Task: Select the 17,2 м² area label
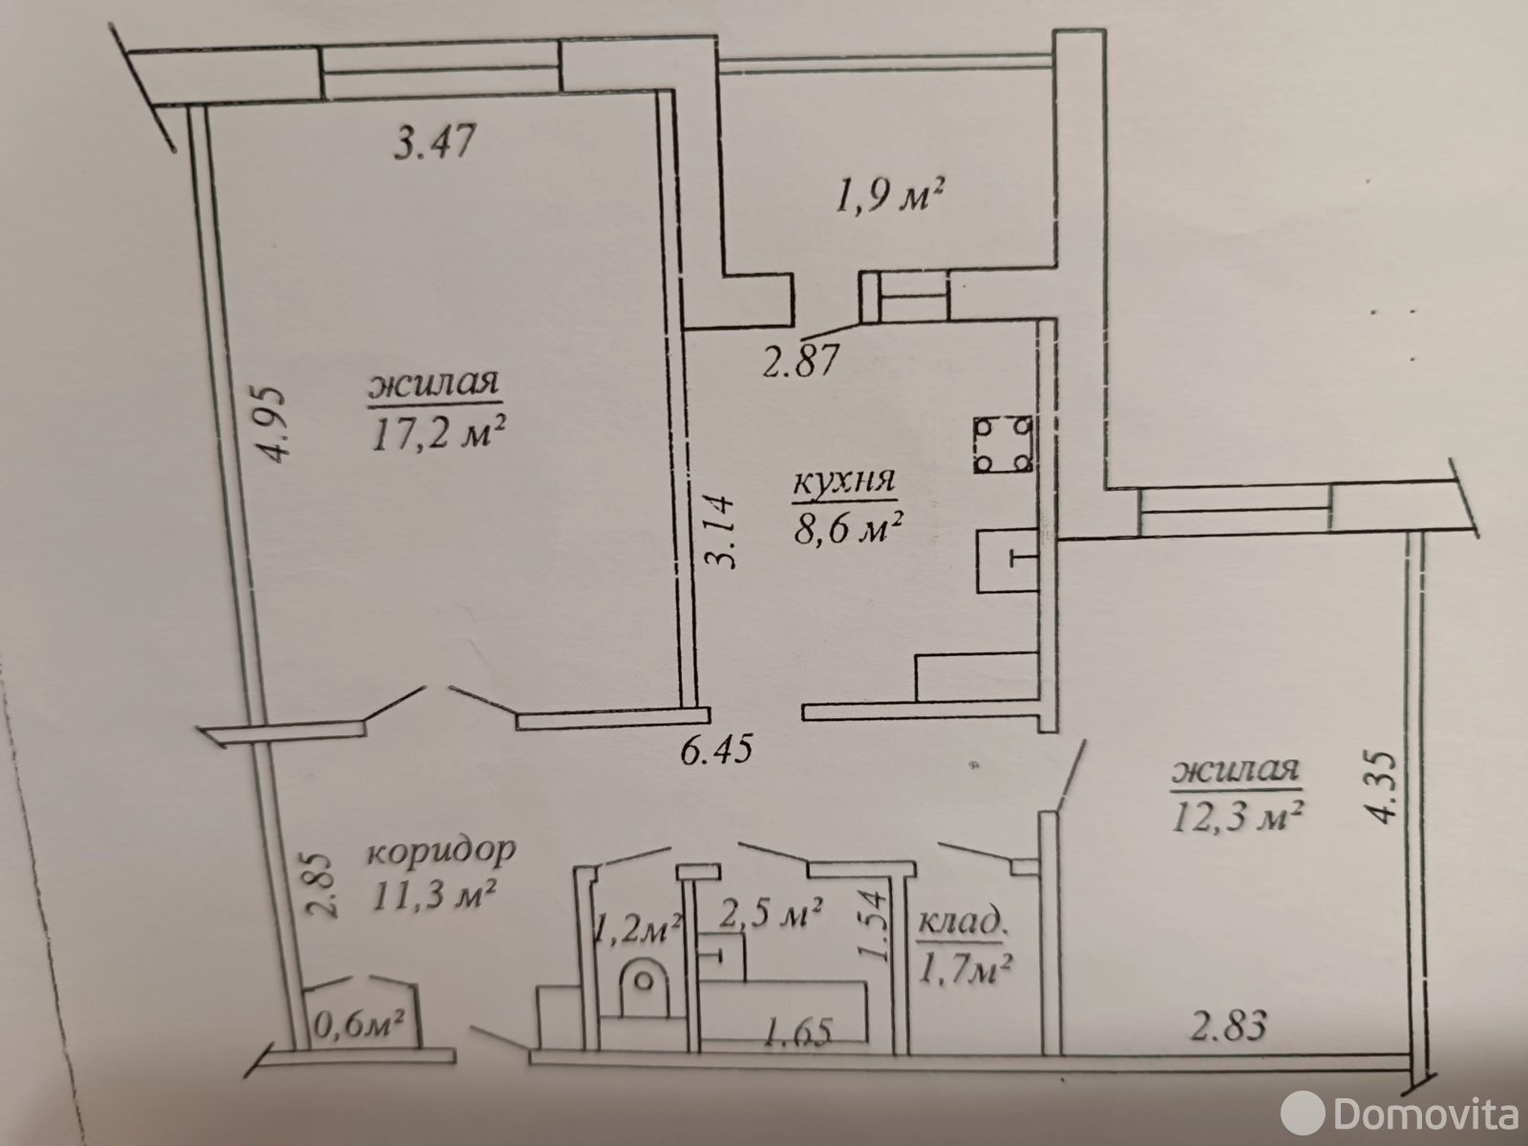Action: point(438,435)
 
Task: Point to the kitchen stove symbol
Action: point(1003,445)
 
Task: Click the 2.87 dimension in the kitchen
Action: point(799,361)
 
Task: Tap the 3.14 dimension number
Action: point(719,531)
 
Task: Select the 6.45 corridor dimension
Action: point(716,750)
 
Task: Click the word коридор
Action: point(441,852)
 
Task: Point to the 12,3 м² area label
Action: point(1237,817)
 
